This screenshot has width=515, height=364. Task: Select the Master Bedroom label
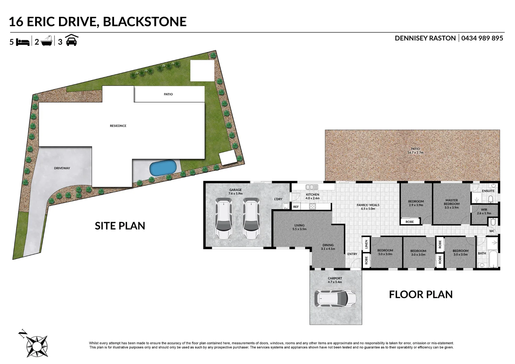(x=452, y=204)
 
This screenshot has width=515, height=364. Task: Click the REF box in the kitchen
(x=296, y=207)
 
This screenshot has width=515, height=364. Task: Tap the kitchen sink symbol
(x=312, y=187)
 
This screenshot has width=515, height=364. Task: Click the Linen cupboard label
(x=366, y=244)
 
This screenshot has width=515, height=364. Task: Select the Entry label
(x=352, y=254)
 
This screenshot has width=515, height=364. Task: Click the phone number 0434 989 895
(x=482, y=38)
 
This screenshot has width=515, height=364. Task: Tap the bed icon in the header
(x=23, y=42)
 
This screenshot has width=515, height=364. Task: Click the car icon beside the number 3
(x=71, y=40)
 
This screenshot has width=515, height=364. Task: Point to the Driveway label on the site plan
(x=62, y=168)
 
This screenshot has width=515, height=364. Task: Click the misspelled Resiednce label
(x=118, y=126)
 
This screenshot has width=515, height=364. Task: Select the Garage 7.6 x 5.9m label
(x=235, y=192)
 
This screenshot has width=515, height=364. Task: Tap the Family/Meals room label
(x=368, y=207)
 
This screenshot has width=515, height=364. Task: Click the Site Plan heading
(x=120, y=226)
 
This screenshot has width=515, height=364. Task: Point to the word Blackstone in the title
(x=145, y=22)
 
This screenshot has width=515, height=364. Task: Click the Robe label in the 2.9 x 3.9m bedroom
(x=410, y=222)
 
